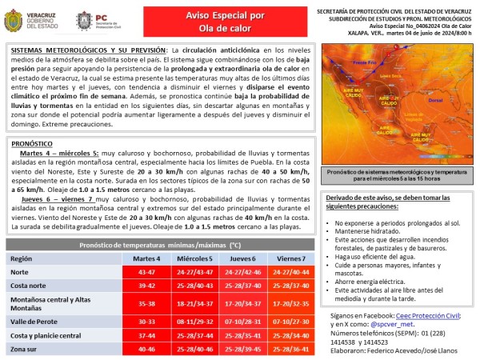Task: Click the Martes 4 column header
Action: (x=147, y=259)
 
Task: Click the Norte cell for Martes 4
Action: (x=147, y=274)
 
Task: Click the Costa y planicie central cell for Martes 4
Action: (x=147, y=335)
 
